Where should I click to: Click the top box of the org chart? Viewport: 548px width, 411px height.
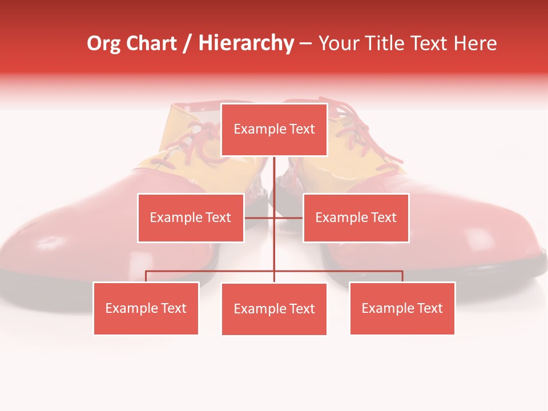274,130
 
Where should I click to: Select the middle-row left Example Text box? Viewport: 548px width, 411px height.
191,217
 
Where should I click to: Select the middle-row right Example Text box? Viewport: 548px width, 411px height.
356,217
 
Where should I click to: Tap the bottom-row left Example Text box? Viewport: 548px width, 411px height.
146,308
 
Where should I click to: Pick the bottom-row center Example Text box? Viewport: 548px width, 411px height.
274,309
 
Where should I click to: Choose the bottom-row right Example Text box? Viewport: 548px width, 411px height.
402,308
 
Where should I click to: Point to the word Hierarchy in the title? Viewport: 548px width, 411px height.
245,43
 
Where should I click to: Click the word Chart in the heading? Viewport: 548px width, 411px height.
151,43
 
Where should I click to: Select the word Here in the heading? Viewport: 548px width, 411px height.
475,43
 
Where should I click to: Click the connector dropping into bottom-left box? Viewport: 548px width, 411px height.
146,276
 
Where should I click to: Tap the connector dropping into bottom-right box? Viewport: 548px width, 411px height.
402,276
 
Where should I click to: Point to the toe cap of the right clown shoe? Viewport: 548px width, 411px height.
491,240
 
